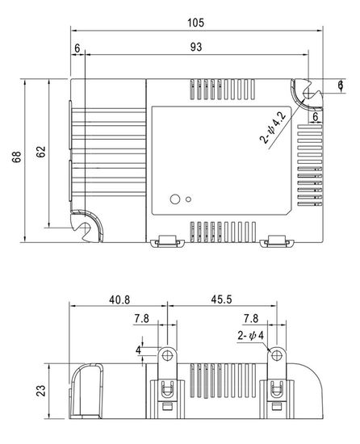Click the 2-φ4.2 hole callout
click(x=274, y=128)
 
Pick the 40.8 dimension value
click(x=117, y=299)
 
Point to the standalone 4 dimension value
click(x=138, y=351)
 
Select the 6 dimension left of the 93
click(x=77, y=48)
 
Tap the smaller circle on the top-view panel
click(x=189, y=199)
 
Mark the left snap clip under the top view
click(x=167, y=241)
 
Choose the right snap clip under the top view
click(x=278, y=241)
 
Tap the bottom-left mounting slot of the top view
click(x=83, y=226)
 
